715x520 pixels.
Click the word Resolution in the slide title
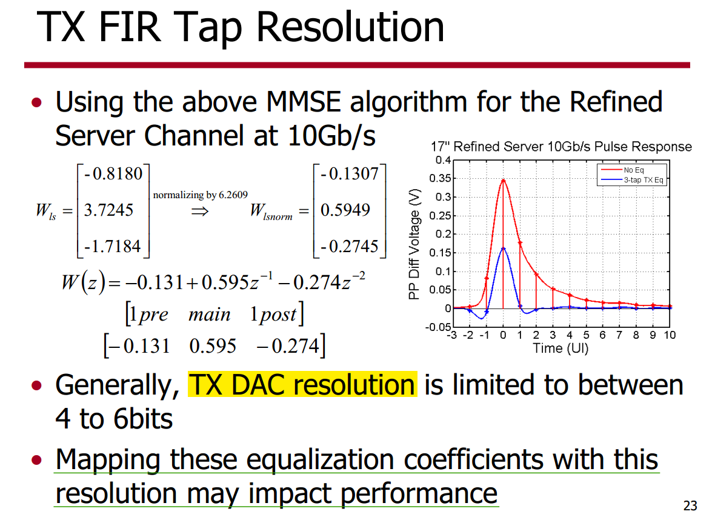(350, 27)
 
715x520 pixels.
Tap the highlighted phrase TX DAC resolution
(302, 384)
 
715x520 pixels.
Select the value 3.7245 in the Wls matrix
(108, 210)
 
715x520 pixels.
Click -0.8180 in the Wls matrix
(113, 174)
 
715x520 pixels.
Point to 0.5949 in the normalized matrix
(345, 210)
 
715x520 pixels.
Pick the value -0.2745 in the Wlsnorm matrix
(350, 246)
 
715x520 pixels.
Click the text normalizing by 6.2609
(200, 195)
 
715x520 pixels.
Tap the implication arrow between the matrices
(200, 211)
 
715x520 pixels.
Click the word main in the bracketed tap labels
(209, 315)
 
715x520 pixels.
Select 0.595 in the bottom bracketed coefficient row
(213, 345)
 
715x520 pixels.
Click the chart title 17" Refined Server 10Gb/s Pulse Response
(561, 147)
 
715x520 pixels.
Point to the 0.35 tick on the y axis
(440, 178)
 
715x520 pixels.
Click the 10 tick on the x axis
(670, 335)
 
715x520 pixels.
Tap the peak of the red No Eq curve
(503, 180)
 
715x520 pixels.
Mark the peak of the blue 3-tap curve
(503, 248)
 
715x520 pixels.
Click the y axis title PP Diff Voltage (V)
(414, 244)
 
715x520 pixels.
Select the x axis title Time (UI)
(560, 348)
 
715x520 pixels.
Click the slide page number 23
(690, 505)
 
